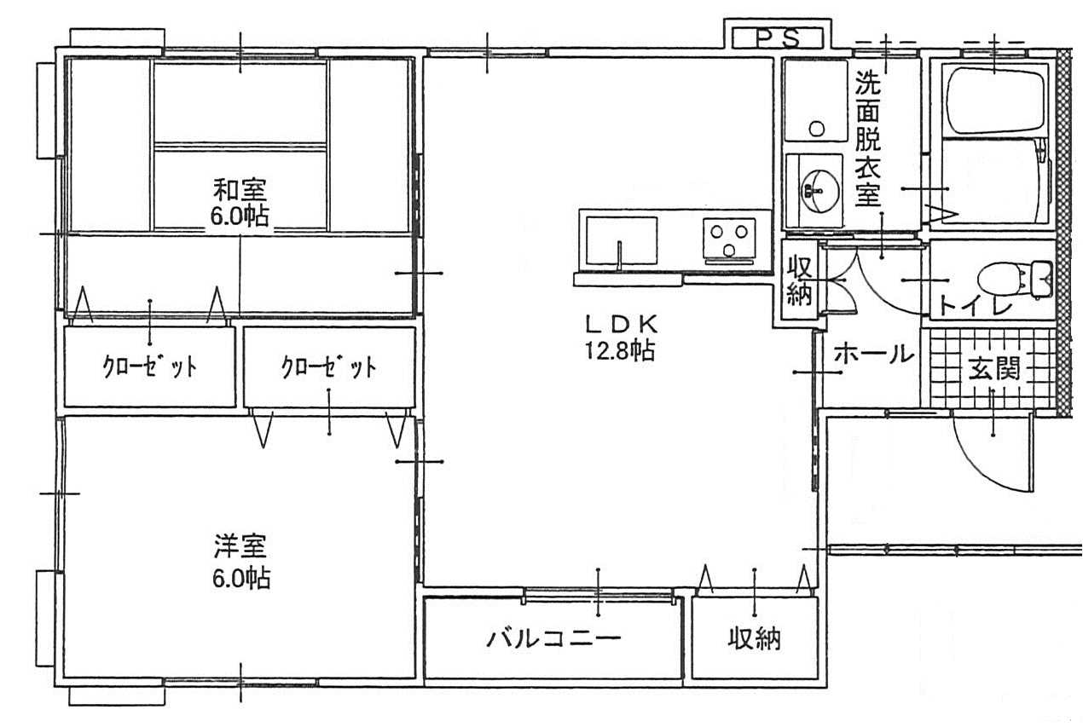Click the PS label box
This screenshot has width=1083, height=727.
[778, 38]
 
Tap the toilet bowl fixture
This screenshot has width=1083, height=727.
[1015, 280]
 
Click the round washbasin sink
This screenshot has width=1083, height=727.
[814, 190]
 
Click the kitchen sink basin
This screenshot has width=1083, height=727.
[622, 240]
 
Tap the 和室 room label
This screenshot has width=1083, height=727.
[240, 189]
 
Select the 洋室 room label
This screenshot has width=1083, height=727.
[240, 545]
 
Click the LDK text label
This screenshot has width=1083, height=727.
[622, 325]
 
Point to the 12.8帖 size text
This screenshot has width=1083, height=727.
[621, 350]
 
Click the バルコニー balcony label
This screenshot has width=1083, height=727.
[554, 638]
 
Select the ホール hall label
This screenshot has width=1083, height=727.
[874, 355]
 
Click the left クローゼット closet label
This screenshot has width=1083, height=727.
[150, 367]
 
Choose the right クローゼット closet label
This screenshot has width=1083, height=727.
[329, 367]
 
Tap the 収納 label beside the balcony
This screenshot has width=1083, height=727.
[754, 638]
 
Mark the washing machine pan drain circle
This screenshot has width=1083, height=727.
[817, 129]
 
